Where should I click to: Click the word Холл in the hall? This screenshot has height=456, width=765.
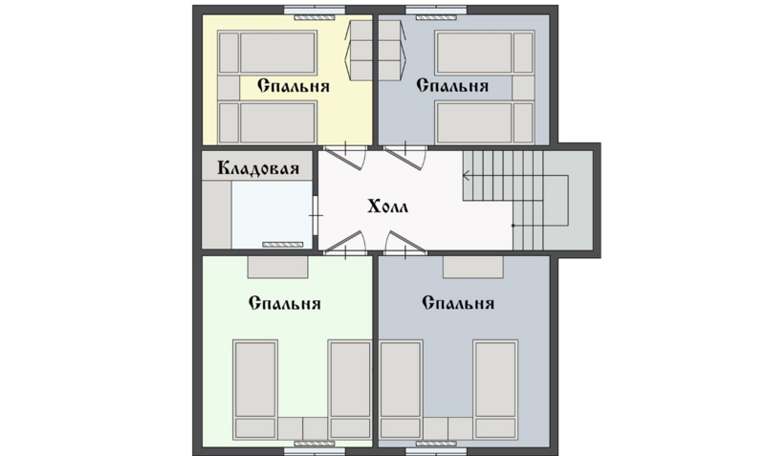(388, 206)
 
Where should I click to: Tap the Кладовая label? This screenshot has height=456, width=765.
(258, 168)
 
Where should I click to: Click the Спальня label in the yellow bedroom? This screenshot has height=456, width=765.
(294, 86)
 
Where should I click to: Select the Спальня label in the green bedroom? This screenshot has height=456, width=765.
(284, 303)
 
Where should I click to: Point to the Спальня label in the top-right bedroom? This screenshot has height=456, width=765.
(452, 86)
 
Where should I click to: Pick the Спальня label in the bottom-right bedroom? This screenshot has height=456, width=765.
(458, 303)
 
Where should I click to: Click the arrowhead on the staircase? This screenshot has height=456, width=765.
(467, 176)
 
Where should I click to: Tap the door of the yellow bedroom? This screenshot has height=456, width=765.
(345, 156)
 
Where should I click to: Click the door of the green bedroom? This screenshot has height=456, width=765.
(345, 244)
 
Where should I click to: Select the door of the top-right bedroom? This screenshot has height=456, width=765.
(404, 156)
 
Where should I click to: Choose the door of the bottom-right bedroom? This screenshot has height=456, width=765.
(404, 244)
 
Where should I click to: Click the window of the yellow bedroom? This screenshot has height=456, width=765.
(315, 10)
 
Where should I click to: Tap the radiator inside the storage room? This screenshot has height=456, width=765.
(283, 245)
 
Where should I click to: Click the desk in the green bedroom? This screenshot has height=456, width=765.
(277, 268)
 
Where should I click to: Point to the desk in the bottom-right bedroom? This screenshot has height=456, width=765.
(472, 268)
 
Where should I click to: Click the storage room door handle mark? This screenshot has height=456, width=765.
(317, 215)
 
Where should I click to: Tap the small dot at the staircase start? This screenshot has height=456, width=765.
(513, 226)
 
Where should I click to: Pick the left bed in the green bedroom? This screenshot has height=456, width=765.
(255, 389)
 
